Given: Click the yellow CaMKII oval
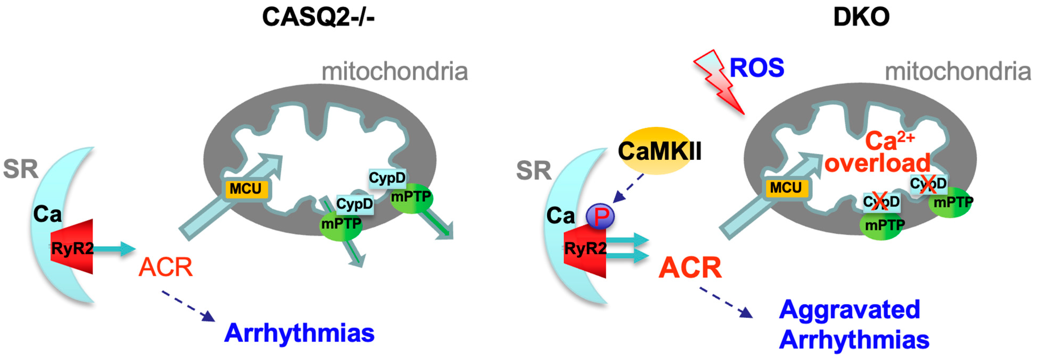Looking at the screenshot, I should (x=659, y=151).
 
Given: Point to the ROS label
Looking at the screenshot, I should (x=756, y=68).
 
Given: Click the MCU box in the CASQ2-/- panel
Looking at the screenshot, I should (x=246, y=188).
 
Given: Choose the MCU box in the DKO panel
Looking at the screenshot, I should (x=786, y=188).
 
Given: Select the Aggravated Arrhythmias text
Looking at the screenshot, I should (x=853, y=325).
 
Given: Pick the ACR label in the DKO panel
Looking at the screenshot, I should (x=690, y=268).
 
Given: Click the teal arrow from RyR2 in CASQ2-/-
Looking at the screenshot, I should (x=115, y=248).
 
